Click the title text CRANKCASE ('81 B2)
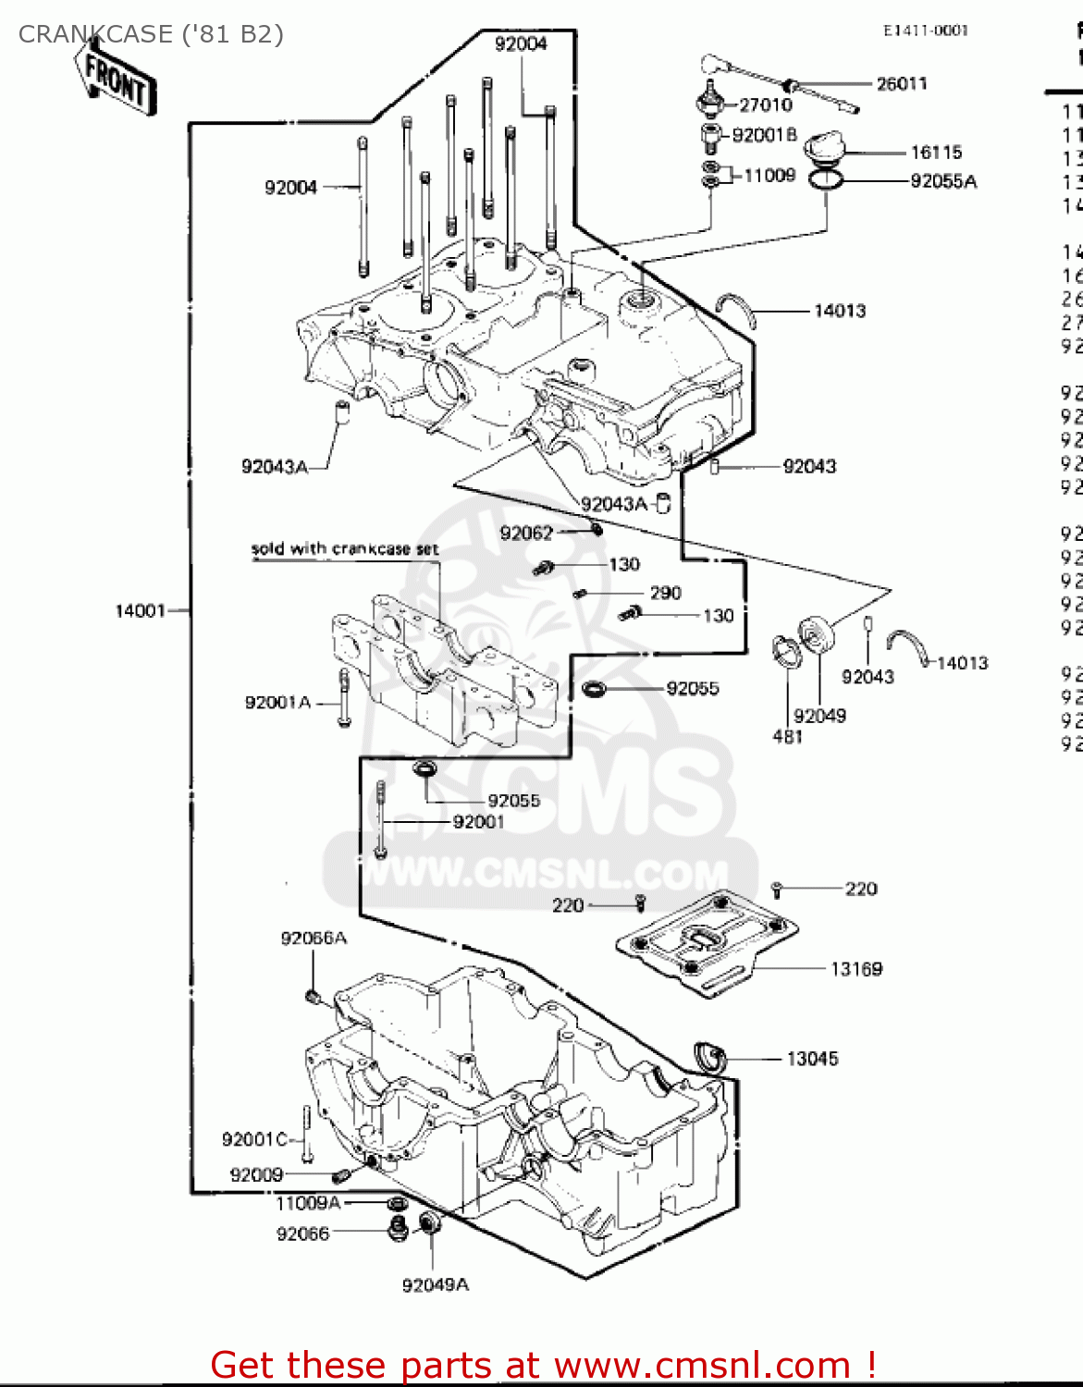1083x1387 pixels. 151,34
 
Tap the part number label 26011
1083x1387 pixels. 901,84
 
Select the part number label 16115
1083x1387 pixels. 936,153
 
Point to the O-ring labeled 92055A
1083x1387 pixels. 826,179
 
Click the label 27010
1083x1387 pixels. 765,105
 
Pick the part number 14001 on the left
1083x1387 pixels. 140,610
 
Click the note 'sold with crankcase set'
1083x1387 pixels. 344,549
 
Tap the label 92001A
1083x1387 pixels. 277,703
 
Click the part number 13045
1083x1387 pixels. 812,1059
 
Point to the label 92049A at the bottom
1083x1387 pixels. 435,1284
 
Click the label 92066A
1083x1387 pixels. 314,939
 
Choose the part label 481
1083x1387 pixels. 787,737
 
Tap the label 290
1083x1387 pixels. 665,593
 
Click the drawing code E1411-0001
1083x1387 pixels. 925,31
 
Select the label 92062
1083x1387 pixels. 526,534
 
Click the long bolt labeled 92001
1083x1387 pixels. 380,818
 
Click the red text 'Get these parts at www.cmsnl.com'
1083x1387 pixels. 543,1365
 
